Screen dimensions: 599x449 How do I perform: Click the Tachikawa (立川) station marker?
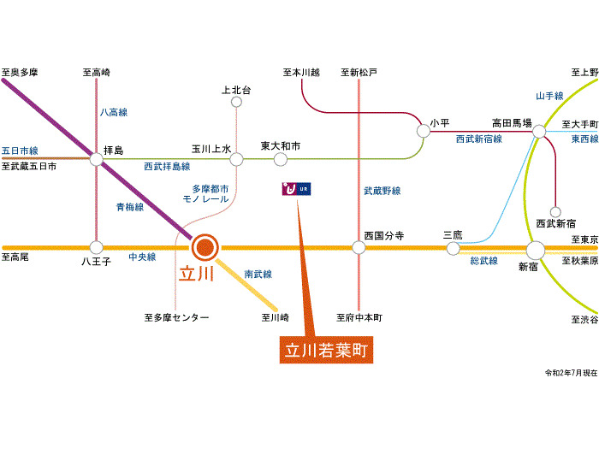(x=205, y=248)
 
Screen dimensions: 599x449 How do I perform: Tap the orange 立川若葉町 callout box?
(x=326, y=350)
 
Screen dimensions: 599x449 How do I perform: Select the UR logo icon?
(x=296, y=189)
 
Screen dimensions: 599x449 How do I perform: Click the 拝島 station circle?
(x=96, y=159)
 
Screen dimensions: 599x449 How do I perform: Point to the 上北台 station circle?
(x=236, y=102)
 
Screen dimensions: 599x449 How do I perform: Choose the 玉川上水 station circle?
(x=236, y=159)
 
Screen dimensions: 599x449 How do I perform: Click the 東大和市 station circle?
(x=281, y=159)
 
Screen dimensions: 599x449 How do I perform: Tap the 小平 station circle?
(x=424, y=131)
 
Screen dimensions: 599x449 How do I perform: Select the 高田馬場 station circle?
(x=539, y=132)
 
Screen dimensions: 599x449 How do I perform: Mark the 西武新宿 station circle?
(x=555, y=212)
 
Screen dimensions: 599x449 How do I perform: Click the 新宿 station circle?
(x=536, y=251)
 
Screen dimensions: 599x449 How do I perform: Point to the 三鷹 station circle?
(x=453, y=249)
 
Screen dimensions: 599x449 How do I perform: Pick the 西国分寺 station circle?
(x=359, y=247)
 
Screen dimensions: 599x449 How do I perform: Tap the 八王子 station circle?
(x=96, y=247)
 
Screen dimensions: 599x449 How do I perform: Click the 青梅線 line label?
(x=130, y=207)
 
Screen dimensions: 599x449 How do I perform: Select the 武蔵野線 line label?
(x=382, y=191)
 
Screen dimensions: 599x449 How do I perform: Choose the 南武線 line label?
(x=258, y=274)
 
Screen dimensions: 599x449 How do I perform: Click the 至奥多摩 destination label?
(x=20, y=72)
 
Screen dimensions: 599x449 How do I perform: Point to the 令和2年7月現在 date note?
(x=571, y=373)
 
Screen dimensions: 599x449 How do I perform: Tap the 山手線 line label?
(x=549, y=96)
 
